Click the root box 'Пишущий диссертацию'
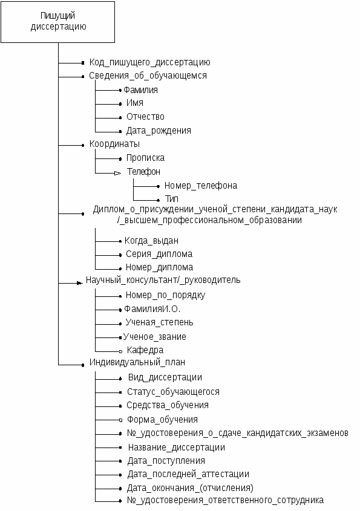[57, 22]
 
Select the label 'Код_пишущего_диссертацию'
[149, 62]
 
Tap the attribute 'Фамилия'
[140, 90]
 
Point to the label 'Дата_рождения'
[159, 131]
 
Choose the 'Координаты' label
[114, 144]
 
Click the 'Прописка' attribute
[145, 158]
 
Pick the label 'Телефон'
[143, 171]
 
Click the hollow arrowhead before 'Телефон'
[118, 173]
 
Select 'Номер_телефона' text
[200, 186]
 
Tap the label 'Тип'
[171, 198]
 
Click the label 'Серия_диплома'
[159, 254]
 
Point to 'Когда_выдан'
[151, 241]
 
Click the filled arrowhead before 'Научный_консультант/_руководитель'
[80, 283]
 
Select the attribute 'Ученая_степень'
[160, 322]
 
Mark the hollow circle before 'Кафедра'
[120, 351]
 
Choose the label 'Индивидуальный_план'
[137, 362]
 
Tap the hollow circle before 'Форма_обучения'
[120, 420]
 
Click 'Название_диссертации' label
[177, 448]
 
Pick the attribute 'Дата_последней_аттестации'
[188, 474]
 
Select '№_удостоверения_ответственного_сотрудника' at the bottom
[225, 500]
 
